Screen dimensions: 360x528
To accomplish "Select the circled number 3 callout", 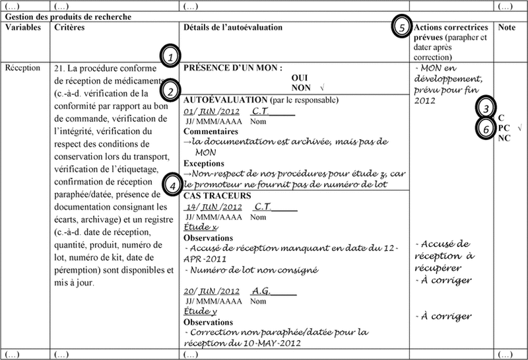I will click(486, 107).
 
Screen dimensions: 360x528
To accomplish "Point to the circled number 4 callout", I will click(170, 186).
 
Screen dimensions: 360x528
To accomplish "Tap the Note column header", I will click(507, 28).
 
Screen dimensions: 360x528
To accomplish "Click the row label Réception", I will click(22, 67).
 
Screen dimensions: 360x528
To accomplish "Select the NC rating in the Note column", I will click(504, 137).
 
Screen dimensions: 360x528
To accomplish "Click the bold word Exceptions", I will click(203, 162).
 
